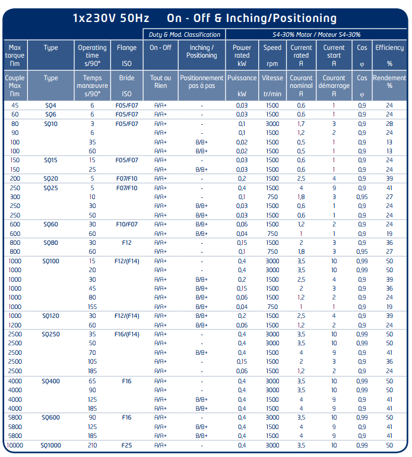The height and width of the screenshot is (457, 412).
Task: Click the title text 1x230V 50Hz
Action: pos(111,18)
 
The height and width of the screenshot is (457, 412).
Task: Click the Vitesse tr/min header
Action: pos(272,85)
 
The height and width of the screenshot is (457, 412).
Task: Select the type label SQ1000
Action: pos(51,445)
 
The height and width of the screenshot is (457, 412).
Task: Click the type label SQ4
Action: pos(51,105)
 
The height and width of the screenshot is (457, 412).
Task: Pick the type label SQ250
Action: pos(51,334)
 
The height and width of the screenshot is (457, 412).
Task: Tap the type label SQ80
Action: pos(51,242)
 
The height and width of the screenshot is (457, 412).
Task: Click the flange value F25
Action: pos(126,445)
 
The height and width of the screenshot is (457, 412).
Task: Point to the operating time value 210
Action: pos(92,445)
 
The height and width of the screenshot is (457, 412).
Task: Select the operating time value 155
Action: pos(92,307)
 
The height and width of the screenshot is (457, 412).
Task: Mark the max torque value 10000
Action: pos(15,445)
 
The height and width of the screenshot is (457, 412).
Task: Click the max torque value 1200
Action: pos(15,325)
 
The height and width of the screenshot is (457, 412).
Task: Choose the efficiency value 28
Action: pos(389,124)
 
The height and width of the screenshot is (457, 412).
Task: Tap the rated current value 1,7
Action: pos(301,124)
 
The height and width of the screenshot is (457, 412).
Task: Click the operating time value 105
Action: pos(92,361)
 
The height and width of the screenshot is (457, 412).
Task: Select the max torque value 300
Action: pos(15,197)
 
